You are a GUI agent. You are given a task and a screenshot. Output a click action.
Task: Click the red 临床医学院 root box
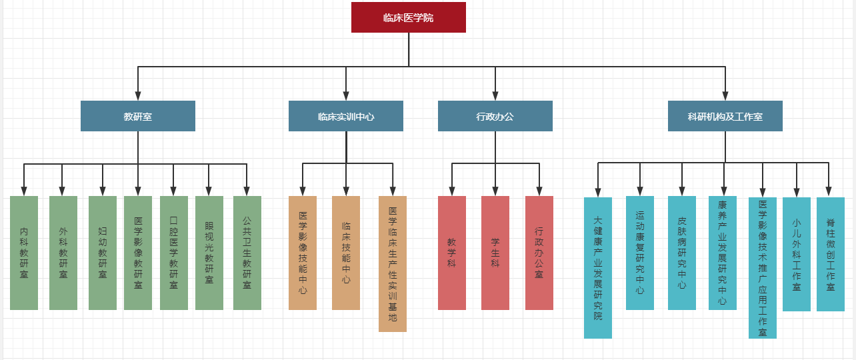[x=408, y=17]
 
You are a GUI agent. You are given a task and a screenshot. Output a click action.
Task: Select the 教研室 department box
[x=137, y=116]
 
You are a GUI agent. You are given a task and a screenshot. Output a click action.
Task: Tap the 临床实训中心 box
[x=345, y=116]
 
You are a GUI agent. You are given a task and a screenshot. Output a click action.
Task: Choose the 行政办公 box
[x=495, y=116]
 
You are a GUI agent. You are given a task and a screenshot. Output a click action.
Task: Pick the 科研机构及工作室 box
[x=725, y=116]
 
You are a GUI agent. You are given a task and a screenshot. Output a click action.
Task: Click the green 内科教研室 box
[x=24, y=253]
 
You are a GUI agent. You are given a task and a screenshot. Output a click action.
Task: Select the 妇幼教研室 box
[x=103, y=253]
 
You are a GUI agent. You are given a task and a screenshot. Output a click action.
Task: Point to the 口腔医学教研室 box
[x=174, y=253]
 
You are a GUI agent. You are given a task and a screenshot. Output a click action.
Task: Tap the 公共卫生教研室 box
[x=247, y=253]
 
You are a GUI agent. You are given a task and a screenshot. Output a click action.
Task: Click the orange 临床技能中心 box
[x=346, y=253]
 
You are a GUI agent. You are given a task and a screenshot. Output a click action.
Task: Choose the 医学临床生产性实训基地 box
[x=393, y=263]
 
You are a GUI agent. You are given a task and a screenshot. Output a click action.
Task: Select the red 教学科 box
[x=452, y=253]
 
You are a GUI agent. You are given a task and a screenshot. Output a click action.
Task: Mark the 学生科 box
[x=495, y=253]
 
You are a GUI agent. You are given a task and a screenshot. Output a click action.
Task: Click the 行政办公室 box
[x=539, y=253]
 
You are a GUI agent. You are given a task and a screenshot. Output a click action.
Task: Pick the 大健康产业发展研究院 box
[x=598, y=267]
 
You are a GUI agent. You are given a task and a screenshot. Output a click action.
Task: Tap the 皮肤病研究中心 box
[x=682, y=253]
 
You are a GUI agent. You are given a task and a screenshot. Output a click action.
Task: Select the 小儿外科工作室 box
[x=797, y=254]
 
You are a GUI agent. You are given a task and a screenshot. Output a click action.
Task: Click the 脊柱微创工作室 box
[x=831, y=254]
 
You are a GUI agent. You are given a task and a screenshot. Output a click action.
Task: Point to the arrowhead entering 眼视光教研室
[x=209, y=191]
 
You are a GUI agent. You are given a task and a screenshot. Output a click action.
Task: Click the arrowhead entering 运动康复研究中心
[x=640, y=191]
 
